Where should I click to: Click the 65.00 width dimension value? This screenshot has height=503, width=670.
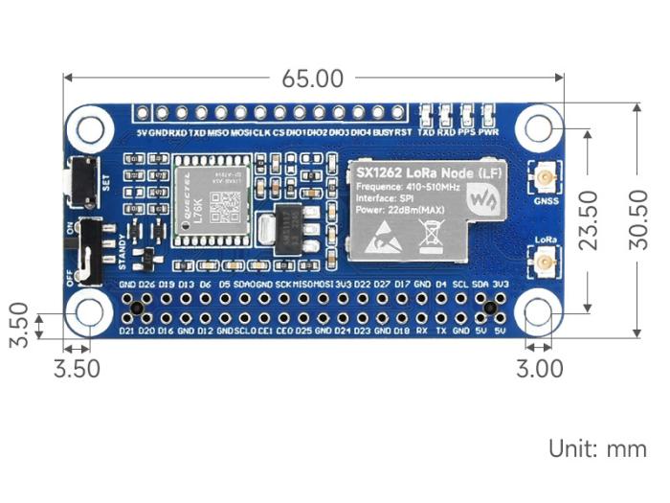tap(313, 78)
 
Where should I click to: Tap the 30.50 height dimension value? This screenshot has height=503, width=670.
tap(652, 219)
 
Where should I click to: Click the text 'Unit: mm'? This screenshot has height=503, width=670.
tap(596, 448)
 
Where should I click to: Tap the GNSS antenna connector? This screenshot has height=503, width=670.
tap(546, 179)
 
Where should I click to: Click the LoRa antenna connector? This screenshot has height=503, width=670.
tap(546, 262)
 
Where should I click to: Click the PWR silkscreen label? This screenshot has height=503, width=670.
tap(488, 132)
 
